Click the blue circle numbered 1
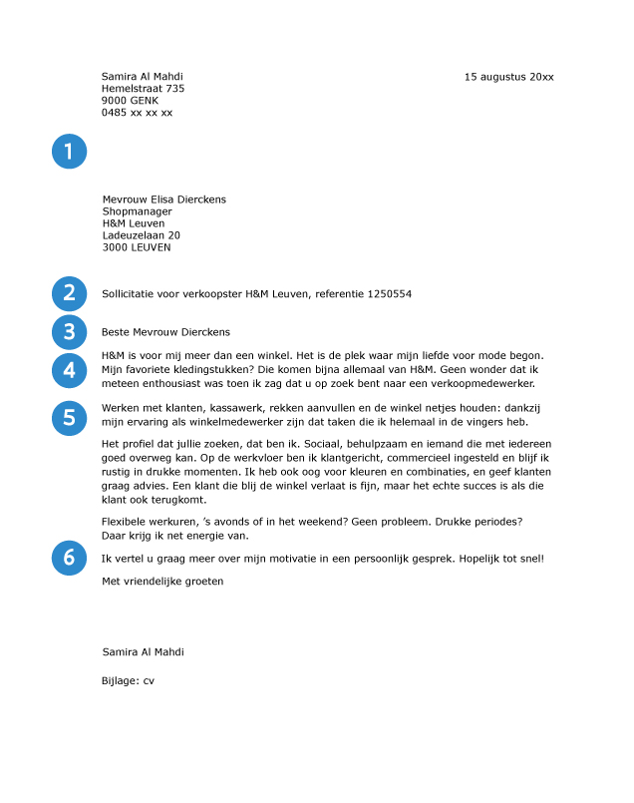pos(69,152)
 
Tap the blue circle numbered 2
pos(69,293)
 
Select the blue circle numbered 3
pos(69,331)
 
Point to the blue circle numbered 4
pos(69,370)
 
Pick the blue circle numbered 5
pos(69,417)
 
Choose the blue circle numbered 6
pos(69,559)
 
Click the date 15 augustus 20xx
pos(508,77)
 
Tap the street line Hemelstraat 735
pos(143,89)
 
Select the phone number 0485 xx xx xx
pos(137,113)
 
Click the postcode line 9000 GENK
pos(130,101)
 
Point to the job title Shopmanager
pos(137,211)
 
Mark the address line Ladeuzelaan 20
pos(141,235)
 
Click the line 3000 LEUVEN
pos(137,247)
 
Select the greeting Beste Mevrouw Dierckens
pos(165,332)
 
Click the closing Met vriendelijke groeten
pos(162,582)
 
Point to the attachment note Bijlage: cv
pos(128,680)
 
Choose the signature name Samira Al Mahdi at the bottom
pos(143,652)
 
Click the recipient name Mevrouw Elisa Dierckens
pos(163,200)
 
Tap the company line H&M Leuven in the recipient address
pos(134,223)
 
